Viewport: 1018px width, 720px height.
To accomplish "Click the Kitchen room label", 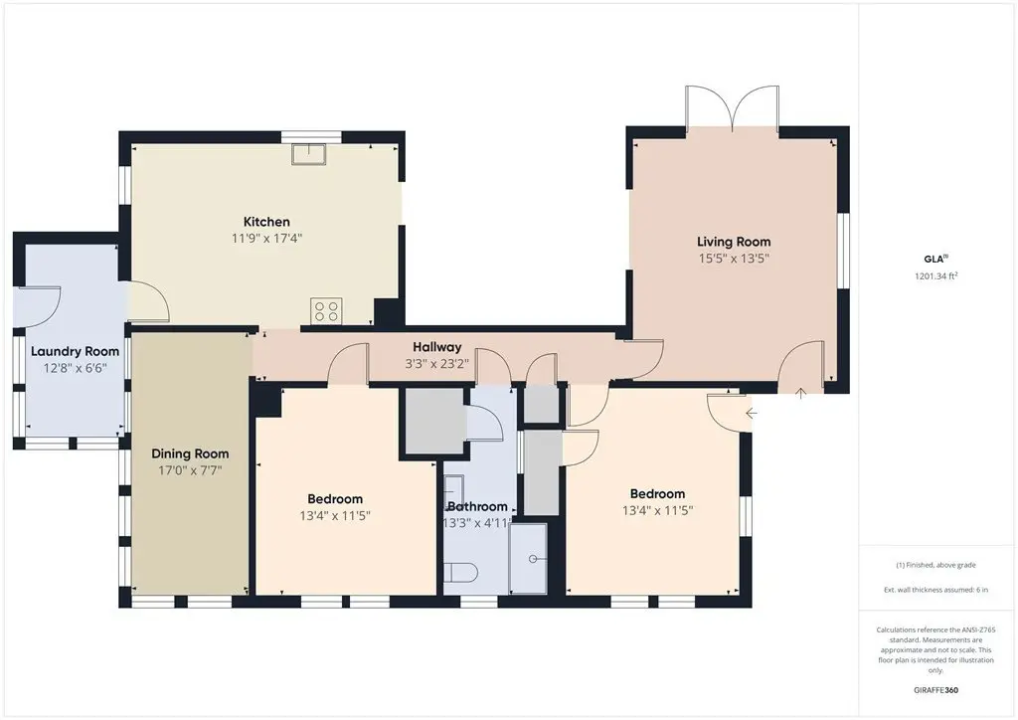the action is [x=266, y=222].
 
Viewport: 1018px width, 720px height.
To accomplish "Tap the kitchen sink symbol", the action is [x=308, y=154].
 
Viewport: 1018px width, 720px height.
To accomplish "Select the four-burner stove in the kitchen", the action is [x=326, y=310].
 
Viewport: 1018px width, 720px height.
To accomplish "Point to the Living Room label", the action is [x=734, y=242].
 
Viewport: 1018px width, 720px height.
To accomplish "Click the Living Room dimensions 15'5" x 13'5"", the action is [x=734, y=259].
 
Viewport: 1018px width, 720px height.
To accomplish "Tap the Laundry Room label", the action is [x=76, y=351].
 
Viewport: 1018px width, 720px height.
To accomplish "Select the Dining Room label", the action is [x=190, y=453].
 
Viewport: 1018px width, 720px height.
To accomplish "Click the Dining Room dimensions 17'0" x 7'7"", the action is [x=190, y=470].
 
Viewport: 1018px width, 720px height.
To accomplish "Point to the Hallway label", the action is [x=437, y=347].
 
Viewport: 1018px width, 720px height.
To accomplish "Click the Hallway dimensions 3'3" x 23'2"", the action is [x=437, y=364].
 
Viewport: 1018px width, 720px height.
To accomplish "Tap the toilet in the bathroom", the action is [x=461, y=573].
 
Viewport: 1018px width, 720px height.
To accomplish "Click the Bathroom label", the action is [x=477, y=506].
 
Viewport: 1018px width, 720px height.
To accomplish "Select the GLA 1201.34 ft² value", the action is [x=936, y=275].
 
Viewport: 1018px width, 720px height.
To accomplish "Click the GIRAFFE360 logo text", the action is [x=935, y=690].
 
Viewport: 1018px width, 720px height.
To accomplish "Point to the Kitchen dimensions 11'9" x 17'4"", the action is [x=266, y=239].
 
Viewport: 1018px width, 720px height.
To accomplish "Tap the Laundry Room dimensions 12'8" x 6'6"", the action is [x=76, y=368].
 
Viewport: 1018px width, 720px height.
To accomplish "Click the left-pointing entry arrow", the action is [x=752, y=413].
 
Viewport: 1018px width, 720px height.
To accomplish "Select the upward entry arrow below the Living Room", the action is [x=801, y=393].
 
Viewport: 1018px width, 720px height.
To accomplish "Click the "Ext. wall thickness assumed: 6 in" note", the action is [x=935, y=590].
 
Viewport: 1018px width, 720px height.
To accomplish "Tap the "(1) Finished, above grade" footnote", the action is [x=935, y=565].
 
